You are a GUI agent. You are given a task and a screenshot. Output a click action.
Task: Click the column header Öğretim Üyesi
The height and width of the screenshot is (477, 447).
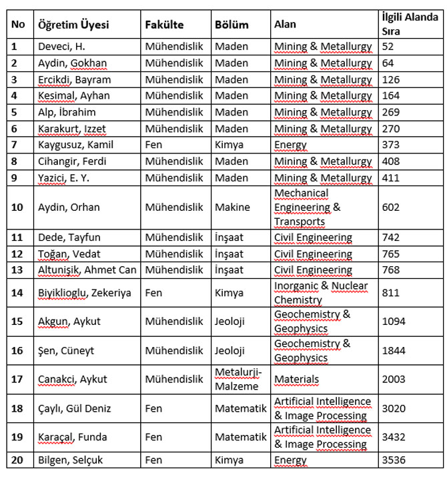73,25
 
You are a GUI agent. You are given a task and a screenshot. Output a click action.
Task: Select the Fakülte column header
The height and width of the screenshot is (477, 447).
164,25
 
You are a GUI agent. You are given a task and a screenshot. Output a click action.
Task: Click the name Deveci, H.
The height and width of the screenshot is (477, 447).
62,47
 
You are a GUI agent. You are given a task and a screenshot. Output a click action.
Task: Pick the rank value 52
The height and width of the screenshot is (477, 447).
388,47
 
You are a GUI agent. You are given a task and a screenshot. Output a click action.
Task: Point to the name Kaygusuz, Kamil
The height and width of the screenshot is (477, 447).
75,145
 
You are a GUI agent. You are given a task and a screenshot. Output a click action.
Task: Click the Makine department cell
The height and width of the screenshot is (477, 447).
232,207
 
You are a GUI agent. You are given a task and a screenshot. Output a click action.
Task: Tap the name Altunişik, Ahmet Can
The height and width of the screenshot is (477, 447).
87,270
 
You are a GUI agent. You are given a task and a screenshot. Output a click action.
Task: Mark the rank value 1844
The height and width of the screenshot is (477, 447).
394,350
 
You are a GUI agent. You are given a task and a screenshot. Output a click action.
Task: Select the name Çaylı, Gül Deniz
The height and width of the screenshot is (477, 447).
74,408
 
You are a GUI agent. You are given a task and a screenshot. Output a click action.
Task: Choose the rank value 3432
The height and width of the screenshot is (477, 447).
394,437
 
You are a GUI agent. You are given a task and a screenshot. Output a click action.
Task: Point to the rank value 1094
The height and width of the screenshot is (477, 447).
394,322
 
